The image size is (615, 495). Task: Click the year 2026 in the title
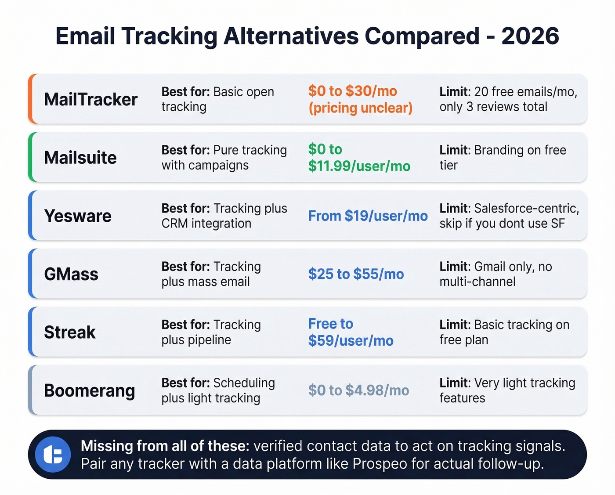tap(530, 36)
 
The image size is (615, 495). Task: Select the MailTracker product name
tap(91, 100)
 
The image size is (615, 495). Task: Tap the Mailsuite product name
tap(80, 158)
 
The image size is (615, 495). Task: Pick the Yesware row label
tap(78, 216)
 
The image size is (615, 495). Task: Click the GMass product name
tap(71, 274)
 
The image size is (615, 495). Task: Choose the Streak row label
tap(70, 332)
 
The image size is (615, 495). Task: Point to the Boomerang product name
tap(90, 390)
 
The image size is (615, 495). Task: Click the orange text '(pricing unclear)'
tap(360, 108)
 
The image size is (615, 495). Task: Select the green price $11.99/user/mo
tap(359, 166)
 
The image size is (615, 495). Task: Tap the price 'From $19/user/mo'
tap(368, 216)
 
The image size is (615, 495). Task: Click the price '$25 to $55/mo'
tap(356, 274)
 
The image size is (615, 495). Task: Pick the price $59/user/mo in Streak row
tap(351, 341)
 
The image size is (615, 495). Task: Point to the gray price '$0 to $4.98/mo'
tap(358, 390)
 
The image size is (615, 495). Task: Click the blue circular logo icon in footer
tap(53, 455)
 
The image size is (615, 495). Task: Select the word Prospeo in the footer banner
tap(380, 464)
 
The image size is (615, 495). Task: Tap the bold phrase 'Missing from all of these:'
tap(165, 446)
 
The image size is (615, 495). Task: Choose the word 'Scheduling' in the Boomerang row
tap(244, 383)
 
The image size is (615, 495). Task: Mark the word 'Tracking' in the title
tap(169, 36)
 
